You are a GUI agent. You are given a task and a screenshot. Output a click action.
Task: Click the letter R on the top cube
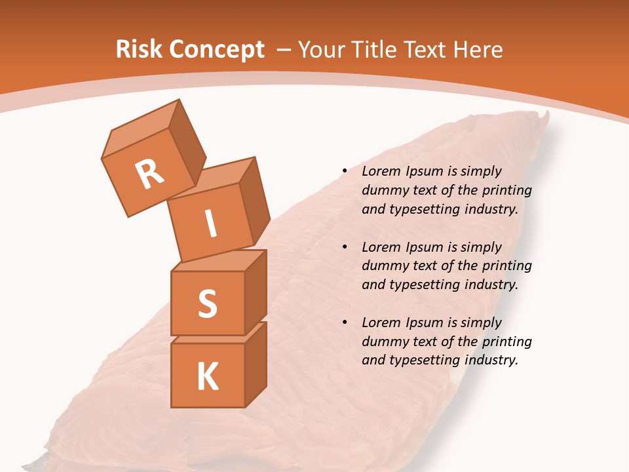tap(149, 174)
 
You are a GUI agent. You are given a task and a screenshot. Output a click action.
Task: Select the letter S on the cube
tap(207, 303)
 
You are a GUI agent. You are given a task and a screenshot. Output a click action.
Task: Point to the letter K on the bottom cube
tap(207, 376)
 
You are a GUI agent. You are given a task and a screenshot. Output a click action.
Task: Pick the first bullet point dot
tap(345, 172)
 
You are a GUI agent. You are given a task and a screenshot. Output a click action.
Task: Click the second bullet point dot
tap(345, 248)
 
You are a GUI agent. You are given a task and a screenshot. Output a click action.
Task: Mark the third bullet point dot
tap(345, 323)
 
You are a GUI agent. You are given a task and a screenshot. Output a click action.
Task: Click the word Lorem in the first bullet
tap(381, 172)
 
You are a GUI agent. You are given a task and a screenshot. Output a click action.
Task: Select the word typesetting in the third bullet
tap(424, 360)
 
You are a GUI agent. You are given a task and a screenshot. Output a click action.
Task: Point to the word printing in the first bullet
tap(506, 191)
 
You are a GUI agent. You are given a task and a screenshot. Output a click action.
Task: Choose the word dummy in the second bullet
tap(382, 266)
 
